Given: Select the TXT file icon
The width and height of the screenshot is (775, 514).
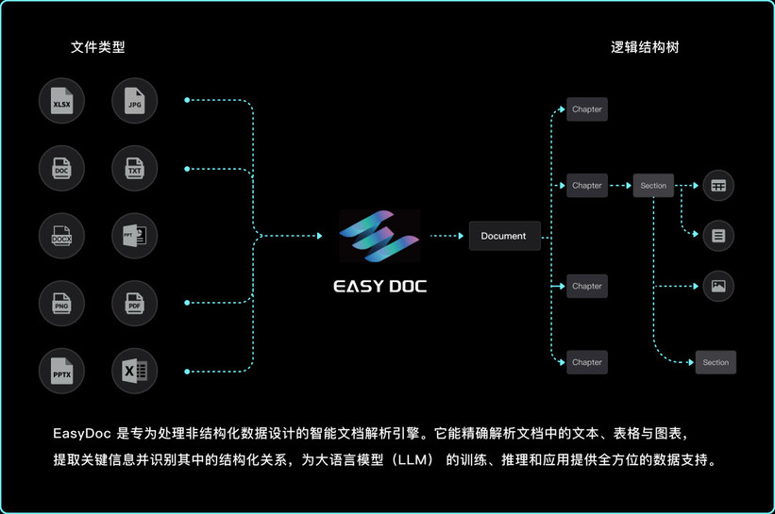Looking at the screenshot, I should [x=134, y=169].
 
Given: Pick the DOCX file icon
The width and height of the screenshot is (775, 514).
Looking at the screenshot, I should [x=62, y=236].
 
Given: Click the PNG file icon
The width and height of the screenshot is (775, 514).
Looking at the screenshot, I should [x=62, y=303].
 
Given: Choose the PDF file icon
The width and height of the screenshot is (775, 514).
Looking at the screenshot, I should [x=134, y=303].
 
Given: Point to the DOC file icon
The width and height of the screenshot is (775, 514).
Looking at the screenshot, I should [x=62, y=169].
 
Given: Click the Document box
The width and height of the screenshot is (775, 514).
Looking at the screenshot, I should [x=504, y=236].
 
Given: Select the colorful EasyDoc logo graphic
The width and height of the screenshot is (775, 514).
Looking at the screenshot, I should [x=380, y=237].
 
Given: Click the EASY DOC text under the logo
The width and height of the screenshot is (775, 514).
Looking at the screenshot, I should [x=380, y=286].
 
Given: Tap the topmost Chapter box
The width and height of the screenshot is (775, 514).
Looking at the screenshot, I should [x=586, y=109].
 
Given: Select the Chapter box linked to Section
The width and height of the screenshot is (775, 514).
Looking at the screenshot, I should [x=586, y=186].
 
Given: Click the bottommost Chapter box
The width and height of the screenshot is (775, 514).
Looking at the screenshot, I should [x=586, y=362].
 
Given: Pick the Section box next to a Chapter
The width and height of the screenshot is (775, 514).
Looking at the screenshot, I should [x=653, y=186].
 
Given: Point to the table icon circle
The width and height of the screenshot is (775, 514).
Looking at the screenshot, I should [x=718, y=186].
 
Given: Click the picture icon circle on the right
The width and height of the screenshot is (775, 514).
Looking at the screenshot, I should [x=718, y=286].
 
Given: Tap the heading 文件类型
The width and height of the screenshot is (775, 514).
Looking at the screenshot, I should [x=97, y=46].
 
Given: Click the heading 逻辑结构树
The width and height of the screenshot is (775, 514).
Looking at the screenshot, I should [x=645, y=46].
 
